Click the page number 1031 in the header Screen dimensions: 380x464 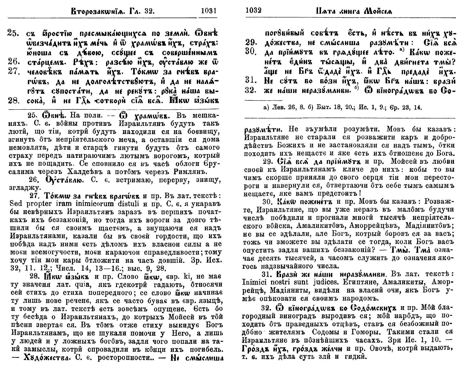tap(209, 11)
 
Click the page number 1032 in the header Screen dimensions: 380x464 tap(254, 11)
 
